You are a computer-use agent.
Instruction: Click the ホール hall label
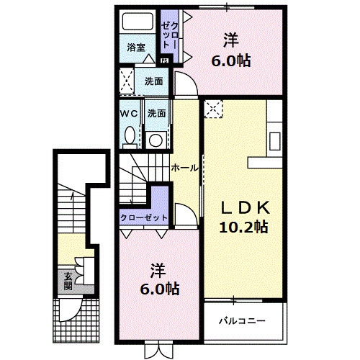[x=184, y=168]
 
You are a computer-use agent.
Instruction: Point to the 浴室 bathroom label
[x=137, y=48]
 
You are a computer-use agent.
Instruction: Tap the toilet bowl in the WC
[x=129, y=135]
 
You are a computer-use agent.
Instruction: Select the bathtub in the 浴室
[x=137, y=24]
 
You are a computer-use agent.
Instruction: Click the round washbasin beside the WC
[x=155, y=138]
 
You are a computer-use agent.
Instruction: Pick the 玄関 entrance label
[x=67, y=281]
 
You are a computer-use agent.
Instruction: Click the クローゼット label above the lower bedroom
[x=143, y=217]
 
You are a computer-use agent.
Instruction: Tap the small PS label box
[x=165, y=60]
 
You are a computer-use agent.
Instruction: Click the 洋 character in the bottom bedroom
[x=158, y=271]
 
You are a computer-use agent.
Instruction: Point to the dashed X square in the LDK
[x=214, y=108]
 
